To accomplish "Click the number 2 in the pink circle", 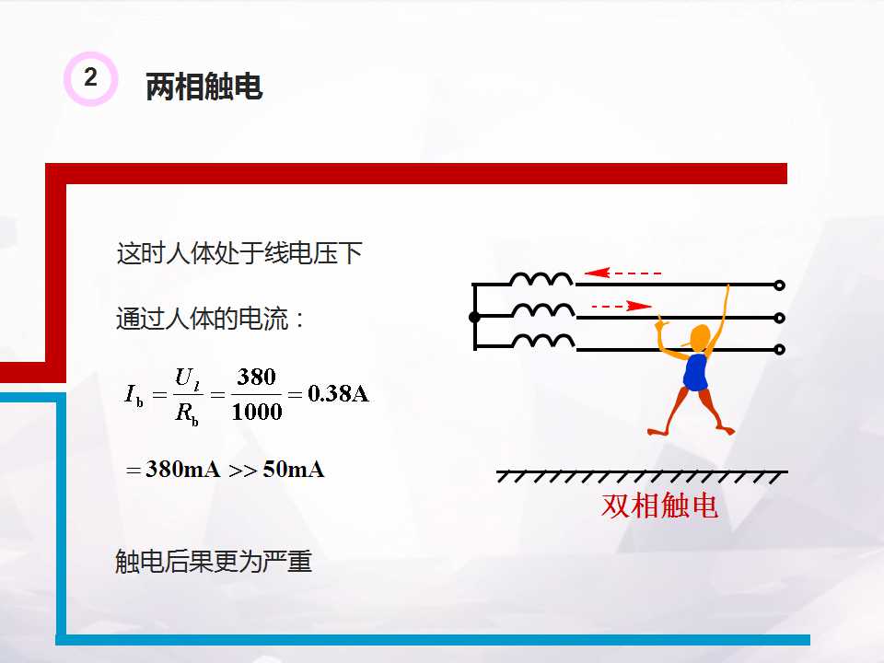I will pyautogui.click(x=90, y=78).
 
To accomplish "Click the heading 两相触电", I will pyautogui.click(x=204, y=87).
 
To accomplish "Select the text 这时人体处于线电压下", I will pyautogui.click(x=239, y=253).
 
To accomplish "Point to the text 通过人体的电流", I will pyautogui.click(x=211, y=320).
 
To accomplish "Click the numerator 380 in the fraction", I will pyautogui.click(x=257, y=377).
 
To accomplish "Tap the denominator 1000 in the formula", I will pyautogui.click(x=257, y=412).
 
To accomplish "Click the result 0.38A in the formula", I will pyautogui.click(x=338, y=394).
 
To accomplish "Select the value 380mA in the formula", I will pyautogui.click(x=183, y=470).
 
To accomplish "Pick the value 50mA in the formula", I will pyautogui.click(x=294, y=470).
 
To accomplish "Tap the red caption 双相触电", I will pyautogui.click(x=659, y=506).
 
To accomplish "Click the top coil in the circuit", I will pyautogui.click(x=542, y=279).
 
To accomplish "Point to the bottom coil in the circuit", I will pyautogui.click(x=542, y=342).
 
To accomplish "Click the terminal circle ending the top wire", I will pyautogui.click(x=780, y=285).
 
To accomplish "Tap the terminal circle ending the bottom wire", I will pyautogui.click(x=780, y=349).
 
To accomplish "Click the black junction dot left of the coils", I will pyautogui.click(x=474, y=317).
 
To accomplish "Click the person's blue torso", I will pyautogui.click(x=695, y=372).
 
